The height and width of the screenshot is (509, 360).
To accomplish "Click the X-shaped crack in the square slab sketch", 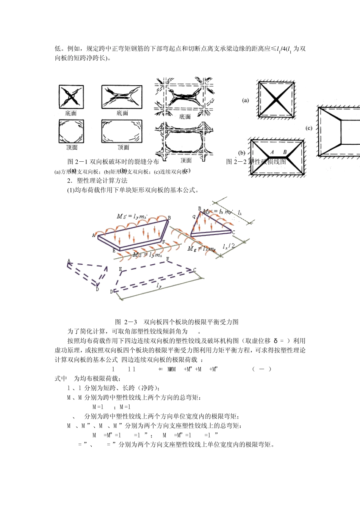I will pos(71,97).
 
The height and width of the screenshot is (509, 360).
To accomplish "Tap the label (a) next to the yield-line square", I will pos(246,100).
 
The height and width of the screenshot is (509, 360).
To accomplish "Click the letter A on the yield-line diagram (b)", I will pos(272,152).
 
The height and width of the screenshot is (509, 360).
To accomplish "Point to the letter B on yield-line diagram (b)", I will pos(285,152).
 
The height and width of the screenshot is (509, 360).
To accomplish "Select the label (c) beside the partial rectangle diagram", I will pos(309,128).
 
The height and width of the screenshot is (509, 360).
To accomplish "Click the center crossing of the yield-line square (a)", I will pos(276,100).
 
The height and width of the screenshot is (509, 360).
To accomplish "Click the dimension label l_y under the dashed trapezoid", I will pos(159,286).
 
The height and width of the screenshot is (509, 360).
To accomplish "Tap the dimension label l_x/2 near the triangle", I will pos(229,246).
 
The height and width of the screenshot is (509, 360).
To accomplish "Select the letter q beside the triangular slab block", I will pos(194,217).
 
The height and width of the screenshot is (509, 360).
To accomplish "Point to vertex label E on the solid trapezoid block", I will pos(114,251).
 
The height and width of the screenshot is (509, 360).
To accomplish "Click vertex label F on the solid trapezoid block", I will pos(164,242).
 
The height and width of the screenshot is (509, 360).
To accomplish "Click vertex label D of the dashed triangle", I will pos(97,289).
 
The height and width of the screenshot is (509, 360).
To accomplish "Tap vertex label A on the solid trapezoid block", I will pos(94,235).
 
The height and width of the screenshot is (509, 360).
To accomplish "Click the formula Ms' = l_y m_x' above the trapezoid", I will pos(131,216).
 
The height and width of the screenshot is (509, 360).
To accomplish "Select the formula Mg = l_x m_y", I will pos(201,249).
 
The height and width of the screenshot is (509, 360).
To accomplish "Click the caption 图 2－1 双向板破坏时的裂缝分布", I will pos(113,162).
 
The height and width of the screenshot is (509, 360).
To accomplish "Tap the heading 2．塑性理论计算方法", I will pos(97,181).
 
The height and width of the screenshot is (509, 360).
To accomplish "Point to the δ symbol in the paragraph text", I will pos(275,341).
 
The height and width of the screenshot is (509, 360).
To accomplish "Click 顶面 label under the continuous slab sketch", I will pos(186,161).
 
